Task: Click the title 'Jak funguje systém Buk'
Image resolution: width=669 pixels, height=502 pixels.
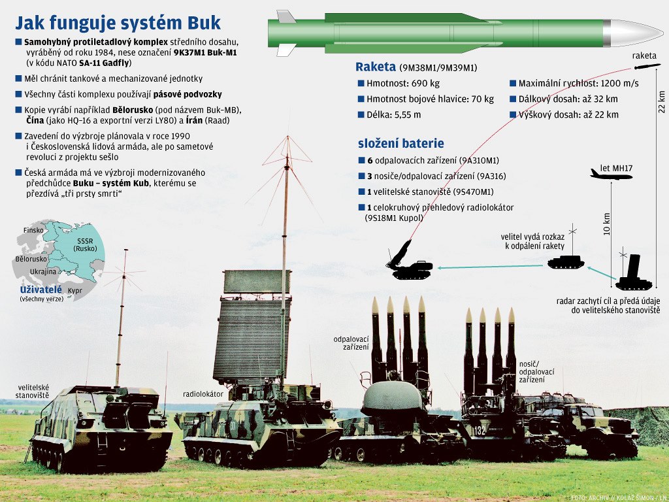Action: point(118,23)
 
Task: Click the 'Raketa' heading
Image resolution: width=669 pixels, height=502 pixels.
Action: point(376,67)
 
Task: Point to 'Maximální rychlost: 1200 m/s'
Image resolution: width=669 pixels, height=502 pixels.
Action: point(578,84)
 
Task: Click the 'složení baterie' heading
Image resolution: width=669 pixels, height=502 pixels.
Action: point(400,143)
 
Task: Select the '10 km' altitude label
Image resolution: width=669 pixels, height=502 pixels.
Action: point(607,224)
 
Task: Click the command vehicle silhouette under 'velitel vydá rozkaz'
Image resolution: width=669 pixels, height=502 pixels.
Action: point(565,262)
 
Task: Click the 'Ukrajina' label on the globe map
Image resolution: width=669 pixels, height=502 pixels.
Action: point(43,271)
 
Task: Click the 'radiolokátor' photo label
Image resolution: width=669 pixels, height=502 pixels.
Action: point(203,395)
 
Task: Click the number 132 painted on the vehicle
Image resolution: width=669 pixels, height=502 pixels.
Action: point(479,431)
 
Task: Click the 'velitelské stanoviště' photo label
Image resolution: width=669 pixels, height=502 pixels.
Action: point(33,392)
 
